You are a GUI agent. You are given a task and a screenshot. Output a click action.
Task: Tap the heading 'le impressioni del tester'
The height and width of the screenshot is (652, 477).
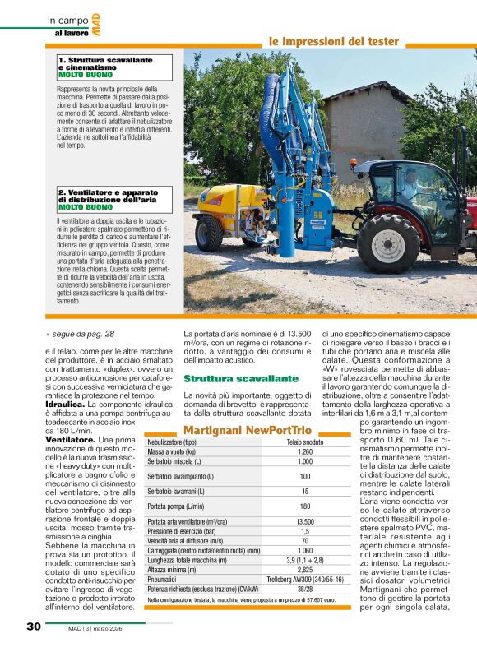[x=333, y=41]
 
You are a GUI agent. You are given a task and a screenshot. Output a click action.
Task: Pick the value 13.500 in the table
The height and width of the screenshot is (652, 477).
[x=304, y=522]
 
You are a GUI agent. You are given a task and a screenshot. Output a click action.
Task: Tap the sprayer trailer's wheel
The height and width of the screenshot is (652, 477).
[x=209, y=233]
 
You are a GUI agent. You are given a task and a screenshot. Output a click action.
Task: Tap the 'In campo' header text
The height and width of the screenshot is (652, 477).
[x=64, y=20]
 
